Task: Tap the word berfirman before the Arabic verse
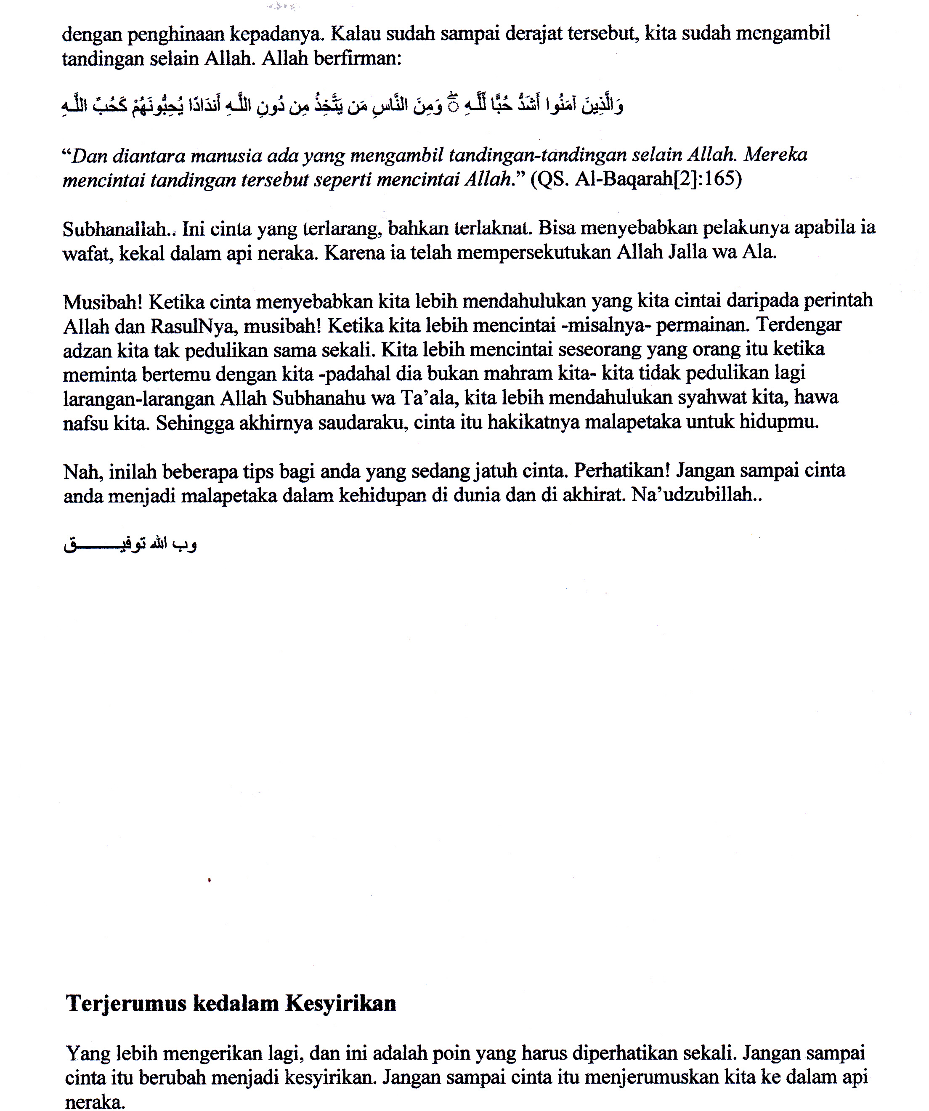pos(358,59)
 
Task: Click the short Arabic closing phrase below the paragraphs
pos(130,545)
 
